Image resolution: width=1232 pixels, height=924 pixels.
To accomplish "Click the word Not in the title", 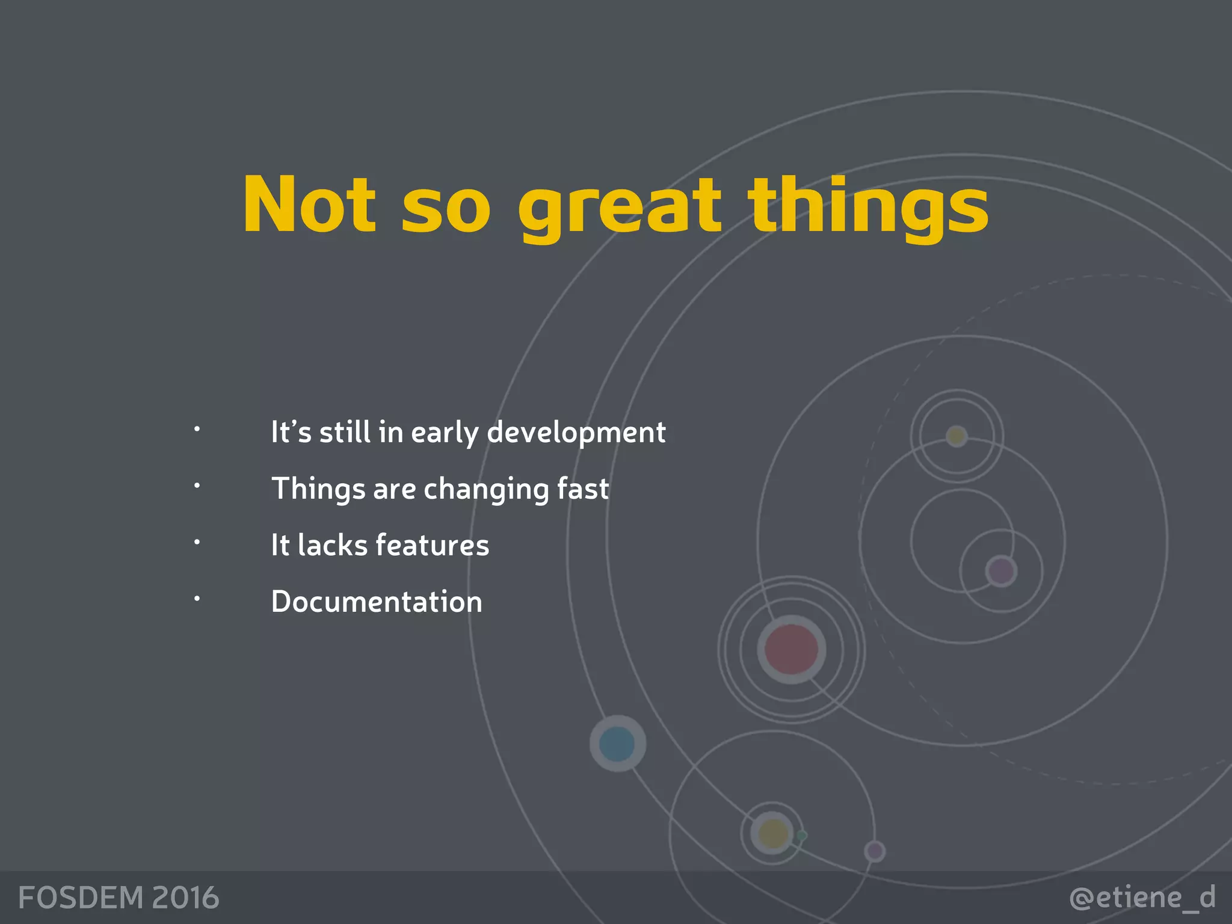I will pyautogui.click(x=309, y=205).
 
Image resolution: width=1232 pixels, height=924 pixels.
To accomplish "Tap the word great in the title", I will pyautogui.click(x=619, y=208).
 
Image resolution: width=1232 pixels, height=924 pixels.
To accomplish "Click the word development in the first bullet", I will pyautogui.click(x=576, y=433).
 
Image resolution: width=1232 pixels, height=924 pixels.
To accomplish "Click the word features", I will pyautogui.click(x=432, y=545).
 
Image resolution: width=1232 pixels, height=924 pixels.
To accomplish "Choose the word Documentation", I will pyautogui.click(x=377, y=602).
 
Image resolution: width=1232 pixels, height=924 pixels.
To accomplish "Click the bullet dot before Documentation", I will pyautogui.click(x=197, y=599).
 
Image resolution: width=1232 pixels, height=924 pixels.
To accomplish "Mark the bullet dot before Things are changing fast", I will pyautogui.click(x=197, y=485).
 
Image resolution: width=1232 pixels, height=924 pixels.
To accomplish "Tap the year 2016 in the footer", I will pyautogui.click(x=185, y=898).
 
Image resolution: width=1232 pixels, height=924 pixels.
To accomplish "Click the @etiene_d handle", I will pyautogui.click(x=1142, y=898).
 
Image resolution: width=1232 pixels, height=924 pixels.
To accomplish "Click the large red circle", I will pyautogui.click(x=791, y=650).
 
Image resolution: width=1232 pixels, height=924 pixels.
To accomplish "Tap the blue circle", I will pyautogui.click(x=617, y=744).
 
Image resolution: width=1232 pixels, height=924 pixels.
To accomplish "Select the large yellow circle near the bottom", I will pyautogui.click(x=772, y=834).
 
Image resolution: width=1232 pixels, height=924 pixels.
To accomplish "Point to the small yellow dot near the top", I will pyautogui.click(x=956, y=436).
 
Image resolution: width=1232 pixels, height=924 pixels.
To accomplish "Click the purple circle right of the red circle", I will pyautogui.click(x=1001, y=571).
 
